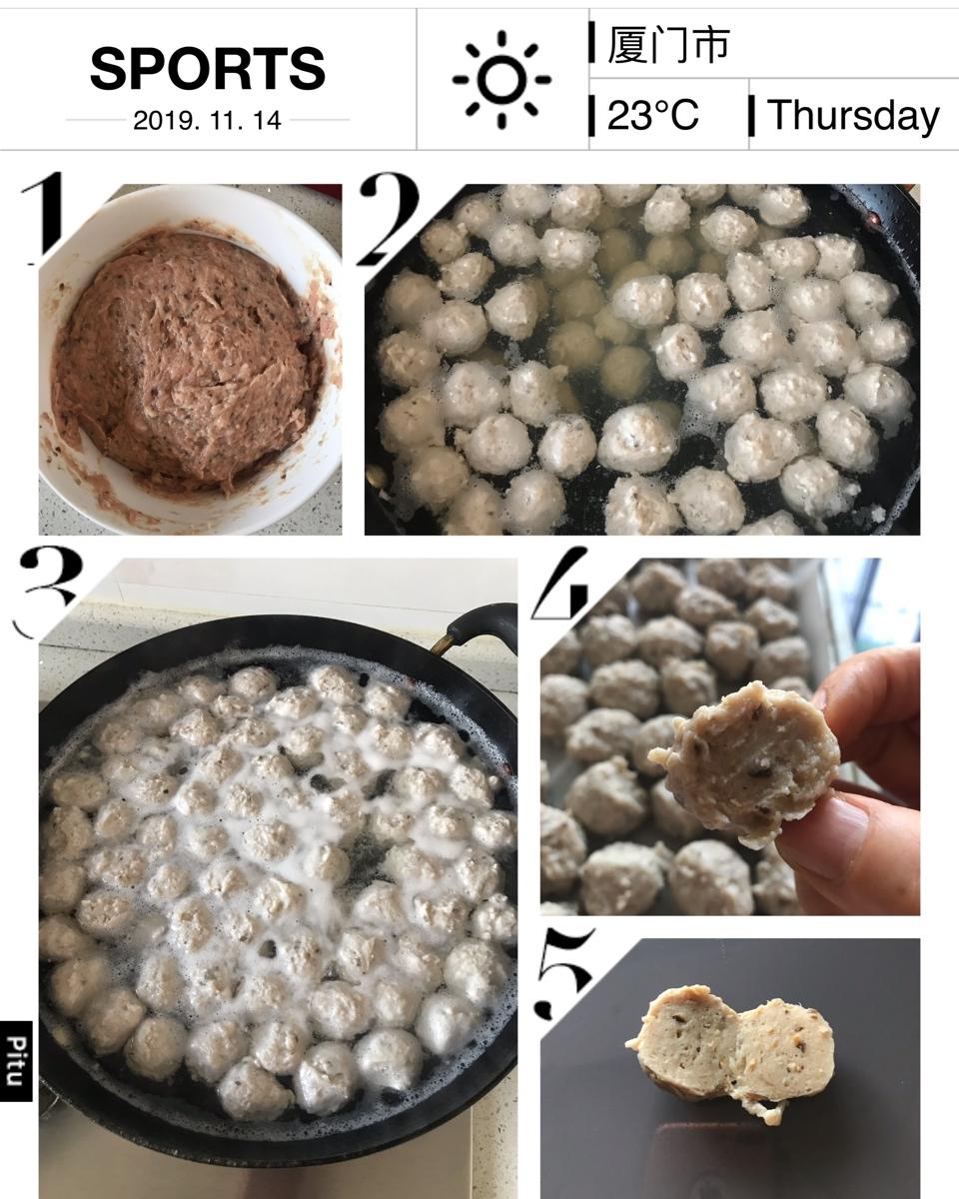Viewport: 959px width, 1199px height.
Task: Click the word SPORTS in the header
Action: coord(208,69)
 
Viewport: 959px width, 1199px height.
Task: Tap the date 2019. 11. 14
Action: coord(208,120)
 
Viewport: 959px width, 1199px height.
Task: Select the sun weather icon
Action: coord(501,80)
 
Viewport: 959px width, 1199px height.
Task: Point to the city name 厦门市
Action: coord(668,44)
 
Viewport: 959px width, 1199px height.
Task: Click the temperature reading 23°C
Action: coord(652,115)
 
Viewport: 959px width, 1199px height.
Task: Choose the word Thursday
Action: coord(853,116)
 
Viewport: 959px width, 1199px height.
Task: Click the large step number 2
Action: coord(390,219)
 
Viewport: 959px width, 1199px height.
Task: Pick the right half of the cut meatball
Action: coord(784,1047)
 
